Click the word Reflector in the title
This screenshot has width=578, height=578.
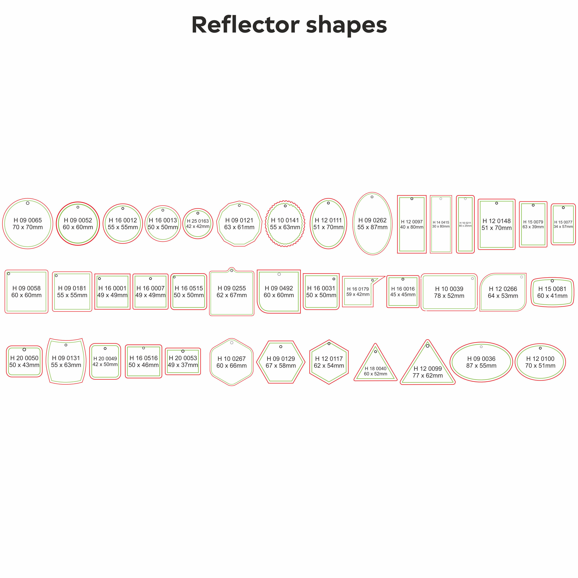[245, 25]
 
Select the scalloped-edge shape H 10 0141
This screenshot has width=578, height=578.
[285, 224]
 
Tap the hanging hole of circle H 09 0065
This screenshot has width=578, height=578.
[28, 203]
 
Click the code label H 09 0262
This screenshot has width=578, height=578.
[373, 220]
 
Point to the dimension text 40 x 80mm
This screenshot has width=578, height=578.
[412, 227]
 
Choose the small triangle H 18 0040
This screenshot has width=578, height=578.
[375, 368]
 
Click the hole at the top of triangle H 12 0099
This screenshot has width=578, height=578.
[427, 346]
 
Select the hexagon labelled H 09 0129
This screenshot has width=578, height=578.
[281, 362]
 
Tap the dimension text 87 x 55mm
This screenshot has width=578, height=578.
[481, 366]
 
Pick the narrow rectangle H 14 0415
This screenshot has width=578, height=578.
[441, 224]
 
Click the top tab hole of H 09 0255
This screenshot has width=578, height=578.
[232, 271]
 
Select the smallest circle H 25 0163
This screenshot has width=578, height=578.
[198, 224]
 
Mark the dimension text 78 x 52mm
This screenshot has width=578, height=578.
[449, 296]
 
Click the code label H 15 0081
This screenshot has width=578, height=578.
[552, 289]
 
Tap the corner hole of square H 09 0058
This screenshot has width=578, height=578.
[9, 274]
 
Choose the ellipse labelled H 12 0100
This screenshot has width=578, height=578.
[540, 362]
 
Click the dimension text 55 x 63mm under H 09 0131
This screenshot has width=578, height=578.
[66, 365]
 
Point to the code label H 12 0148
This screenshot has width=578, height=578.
[497, 221]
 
